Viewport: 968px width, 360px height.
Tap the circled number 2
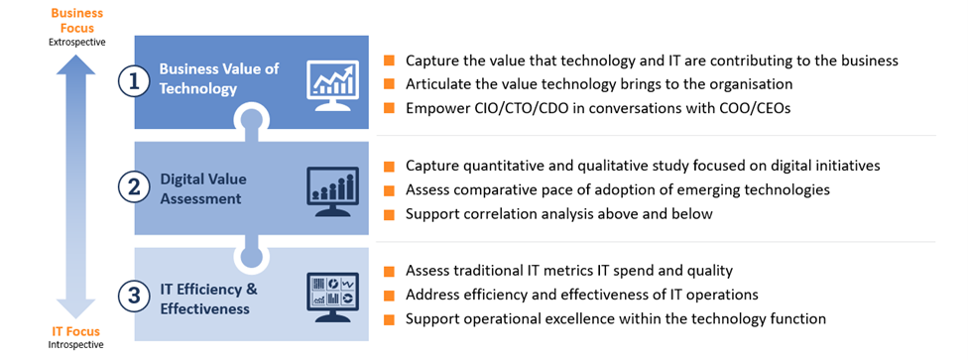click(135, 186)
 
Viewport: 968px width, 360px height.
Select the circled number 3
click(135, 295)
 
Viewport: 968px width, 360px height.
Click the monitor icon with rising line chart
click(332, 80)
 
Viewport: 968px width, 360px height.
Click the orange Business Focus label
click(76, 20)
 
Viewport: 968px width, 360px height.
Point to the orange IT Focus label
click(76, 329)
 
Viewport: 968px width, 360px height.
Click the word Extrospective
click(76, 42)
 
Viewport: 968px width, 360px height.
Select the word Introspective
click(76, 345)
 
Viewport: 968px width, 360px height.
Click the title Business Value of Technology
click(218, 78)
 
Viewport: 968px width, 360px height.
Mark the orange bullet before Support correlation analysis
click(388, 213)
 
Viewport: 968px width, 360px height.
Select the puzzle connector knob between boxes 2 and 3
click(252, 258)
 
